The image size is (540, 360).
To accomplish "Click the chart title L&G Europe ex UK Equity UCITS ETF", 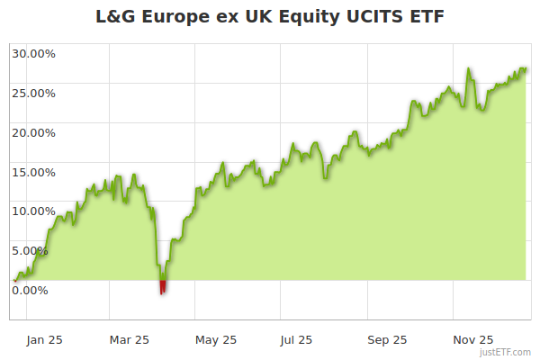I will tap(270, 17).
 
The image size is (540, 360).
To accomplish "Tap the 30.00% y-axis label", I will tap(33, 53).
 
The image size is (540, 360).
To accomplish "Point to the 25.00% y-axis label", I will tap(33, 93).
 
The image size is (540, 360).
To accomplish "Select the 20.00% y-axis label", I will tap(33, 132).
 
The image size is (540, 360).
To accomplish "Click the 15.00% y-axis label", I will tap(33, 172).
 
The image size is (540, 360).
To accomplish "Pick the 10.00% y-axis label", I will tap(33, 211).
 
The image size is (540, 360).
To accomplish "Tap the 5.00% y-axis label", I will tap(31, 250).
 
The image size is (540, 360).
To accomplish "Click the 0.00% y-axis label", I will tap(31, 290).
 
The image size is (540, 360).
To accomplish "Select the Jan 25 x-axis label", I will tap(44, 339).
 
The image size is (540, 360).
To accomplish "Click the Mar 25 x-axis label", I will tap(129, 339).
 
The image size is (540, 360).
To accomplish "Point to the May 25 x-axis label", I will tap(216, 339).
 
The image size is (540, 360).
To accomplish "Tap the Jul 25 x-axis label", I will tap(296, 339).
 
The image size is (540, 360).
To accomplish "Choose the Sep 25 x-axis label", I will tap(387, 339).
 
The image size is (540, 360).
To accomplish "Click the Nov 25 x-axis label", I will tap(473, 339).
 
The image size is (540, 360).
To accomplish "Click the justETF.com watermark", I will tap(506, 353).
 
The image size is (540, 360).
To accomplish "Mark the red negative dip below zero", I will tap(163, 287).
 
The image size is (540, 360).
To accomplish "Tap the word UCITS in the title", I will tap(374, 17).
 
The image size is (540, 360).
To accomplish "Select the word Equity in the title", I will tap(302, 17).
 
